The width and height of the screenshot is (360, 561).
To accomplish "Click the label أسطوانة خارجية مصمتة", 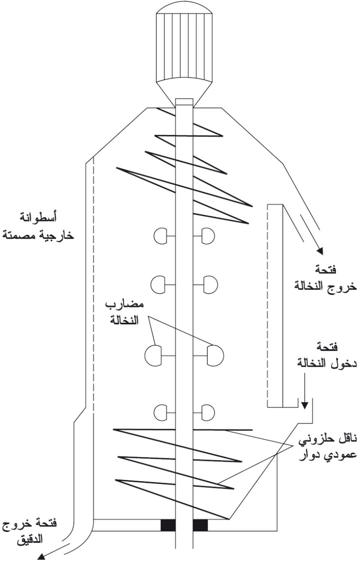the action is (38, 226).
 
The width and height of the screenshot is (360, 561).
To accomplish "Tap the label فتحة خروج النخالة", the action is (325, 279).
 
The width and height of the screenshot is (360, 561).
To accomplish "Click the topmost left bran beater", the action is (160, 236).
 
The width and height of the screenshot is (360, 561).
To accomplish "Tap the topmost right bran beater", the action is (208, 236).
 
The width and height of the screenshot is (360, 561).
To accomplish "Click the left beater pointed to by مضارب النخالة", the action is (153, 356).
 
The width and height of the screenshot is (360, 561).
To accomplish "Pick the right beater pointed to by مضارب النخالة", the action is (216, 356).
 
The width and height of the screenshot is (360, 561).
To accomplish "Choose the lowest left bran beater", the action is (160, 412).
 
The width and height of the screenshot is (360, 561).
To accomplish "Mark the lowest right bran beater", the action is (208, 412).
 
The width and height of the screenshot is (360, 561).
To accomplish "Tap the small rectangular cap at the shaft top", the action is (184, 102).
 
